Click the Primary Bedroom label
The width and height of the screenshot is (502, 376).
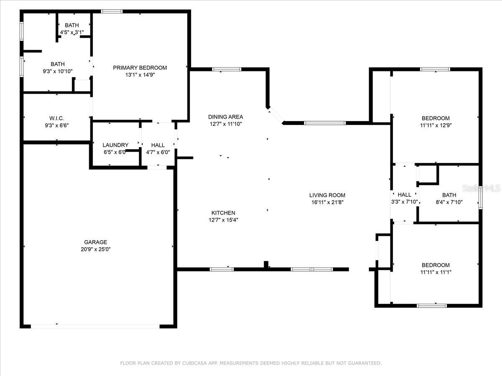click(140, 68)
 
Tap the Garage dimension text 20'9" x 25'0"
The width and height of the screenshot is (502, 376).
click(95, 249)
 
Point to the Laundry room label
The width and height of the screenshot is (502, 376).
click(115, 145)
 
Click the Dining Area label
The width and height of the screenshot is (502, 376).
click(225, 117)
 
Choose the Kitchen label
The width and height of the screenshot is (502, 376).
click(223, 213)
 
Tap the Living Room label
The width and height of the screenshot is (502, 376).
click(327, 195)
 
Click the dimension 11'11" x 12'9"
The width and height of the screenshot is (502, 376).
click(435, 125)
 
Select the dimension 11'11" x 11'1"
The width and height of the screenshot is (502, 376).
click(435, 272)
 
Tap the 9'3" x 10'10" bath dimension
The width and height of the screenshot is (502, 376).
click(58, 71)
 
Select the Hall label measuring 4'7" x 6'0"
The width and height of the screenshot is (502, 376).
click(158, 145)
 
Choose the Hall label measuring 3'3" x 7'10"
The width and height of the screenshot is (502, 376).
click(404, 195)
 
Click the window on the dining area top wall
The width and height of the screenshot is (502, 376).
click(227, 69)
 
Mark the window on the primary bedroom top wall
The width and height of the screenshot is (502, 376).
click(112, 11)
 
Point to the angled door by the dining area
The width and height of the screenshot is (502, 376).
click(276, 115)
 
